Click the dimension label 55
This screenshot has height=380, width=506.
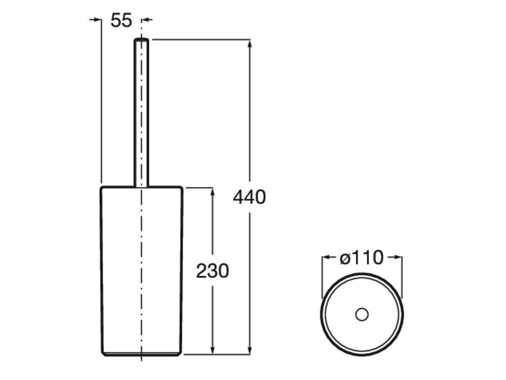point(121,20)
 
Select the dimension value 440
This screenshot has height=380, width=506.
point(249,197)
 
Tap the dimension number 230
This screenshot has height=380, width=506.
point(212,271)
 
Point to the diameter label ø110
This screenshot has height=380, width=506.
point(362,258)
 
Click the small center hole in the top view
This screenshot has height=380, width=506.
point(362,314)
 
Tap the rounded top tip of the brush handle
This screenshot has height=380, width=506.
point(142,40)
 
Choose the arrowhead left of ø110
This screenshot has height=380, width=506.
point(327,257)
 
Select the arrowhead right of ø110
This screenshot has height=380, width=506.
point(397,257)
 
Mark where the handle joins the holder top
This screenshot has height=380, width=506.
point(142,187)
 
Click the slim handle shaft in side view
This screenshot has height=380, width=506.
point(142,114)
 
